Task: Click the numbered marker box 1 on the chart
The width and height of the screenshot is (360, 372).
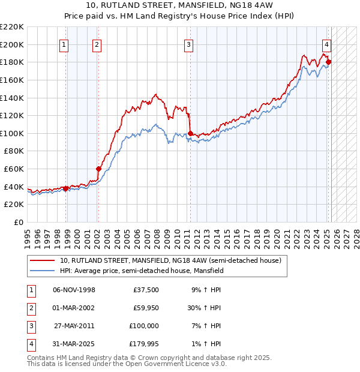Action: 64,44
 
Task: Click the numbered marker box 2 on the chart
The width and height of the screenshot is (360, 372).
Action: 97,44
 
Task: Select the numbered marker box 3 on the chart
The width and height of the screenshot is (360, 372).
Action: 188,44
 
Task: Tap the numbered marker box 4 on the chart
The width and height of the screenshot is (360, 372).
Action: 326,44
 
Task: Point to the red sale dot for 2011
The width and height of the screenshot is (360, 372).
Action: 190,133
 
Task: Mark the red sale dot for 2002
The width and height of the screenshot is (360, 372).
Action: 98,169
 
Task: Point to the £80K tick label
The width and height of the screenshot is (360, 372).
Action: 13,151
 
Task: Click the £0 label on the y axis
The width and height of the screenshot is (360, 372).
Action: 18,222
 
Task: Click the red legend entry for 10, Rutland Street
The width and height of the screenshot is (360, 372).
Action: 170,261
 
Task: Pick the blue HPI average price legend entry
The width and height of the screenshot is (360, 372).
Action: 141,271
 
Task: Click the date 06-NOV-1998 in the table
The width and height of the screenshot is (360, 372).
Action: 74,290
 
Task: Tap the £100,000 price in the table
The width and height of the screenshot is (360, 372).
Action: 143,326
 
